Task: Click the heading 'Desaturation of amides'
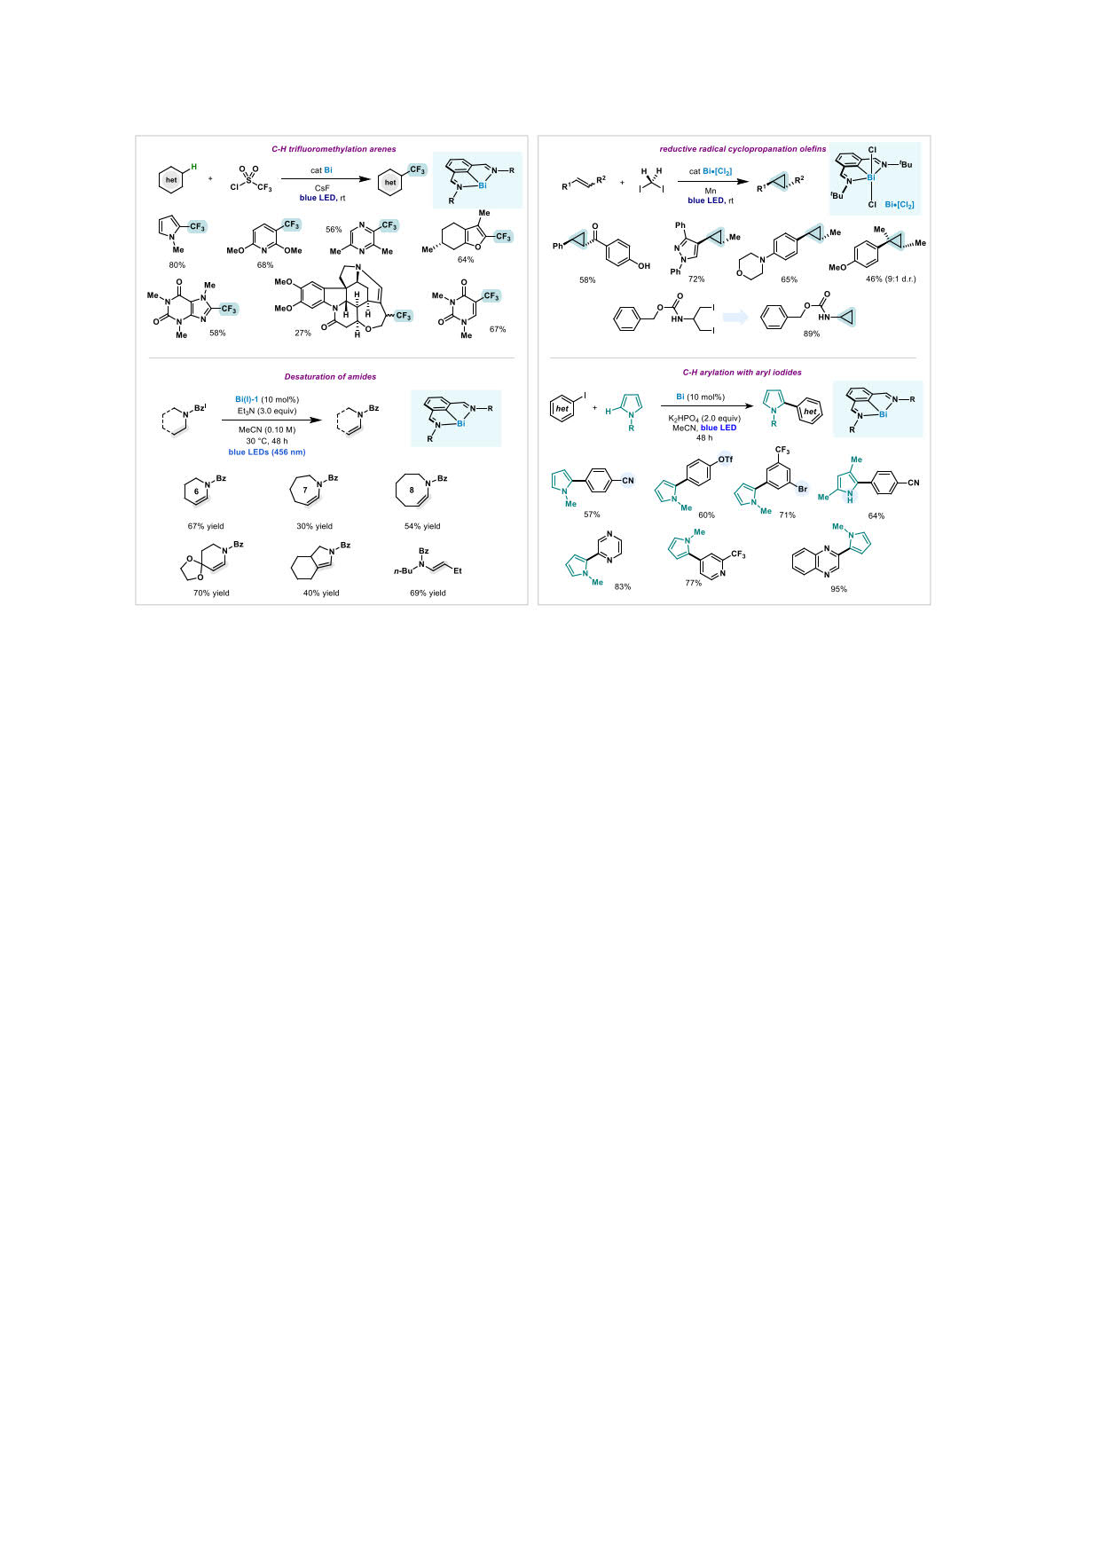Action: (x=330, y=377)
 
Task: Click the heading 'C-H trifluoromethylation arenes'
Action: (x=334, y=149)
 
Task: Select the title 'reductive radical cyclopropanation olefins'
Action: (x=742, y=149)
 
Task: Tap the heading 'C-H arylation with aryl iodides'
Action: (x=742, y=373)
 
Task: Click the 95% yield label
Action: (x=838, y=589)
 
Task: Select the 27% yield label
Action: (x=302, y=334)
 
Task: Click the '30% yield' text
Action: (x=314, y=526)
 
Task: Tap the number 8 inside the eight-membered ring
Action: (x=412, y=491)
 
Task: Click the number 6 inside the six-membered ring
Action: (x=196, y=491)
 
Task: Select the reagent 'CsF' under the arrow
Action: (x=322, y=188)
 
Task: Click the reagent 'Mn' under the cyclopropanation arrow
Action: (x=711, y=191)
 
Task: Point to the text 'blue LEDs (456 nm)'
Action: (x=267, y=452)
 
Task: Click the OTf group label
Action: (x=726, y=460)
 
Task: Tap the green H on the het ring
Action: (x=194, y=166)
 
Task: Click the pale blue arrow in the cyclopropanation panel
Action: (x=736, y=318)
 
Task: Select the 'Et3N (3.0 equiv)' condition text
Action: (x=267, y=411)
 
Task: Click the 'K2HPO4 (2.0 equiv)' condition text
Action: (x=704, y=418)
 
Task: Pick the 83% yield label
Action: (x=623, y=586)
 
